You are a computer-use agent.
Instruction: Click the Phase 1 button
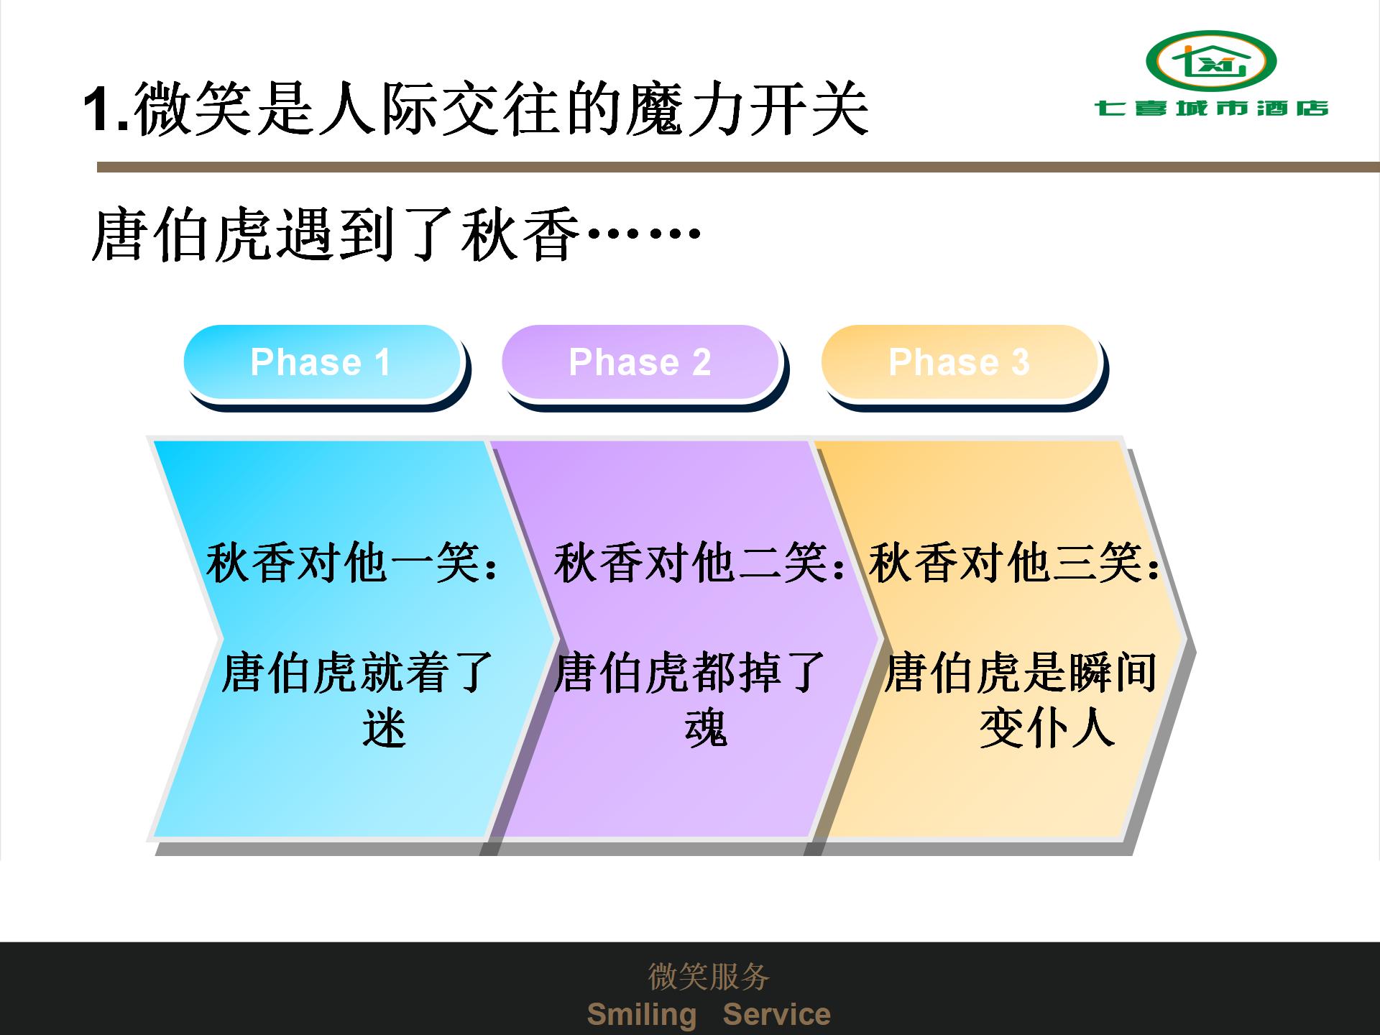click(322, 362)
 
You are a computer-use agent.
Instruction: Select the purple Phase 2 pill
click(640, 362)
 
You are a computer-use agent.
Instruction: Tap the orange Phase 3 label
click(960, 362)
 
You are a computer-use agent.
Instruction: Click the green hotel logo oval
click(1211, 61)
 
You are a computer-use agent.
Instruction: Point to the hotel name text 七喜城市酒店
click(1211, 109)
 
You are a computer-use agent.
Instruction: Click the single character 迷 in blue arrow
click(384, 727)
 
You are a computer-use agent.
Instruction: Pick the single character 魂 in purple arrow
click(706, 727)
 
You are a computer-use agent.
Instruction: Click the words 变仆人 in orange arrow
click(1047, 727)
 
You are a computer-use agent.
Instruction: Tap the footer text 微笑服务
click(709, 976)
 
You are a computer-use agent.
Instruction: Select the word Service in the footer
click(776, 1014)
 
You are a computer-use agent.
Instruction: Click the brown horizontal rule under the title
click(738, 167)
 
